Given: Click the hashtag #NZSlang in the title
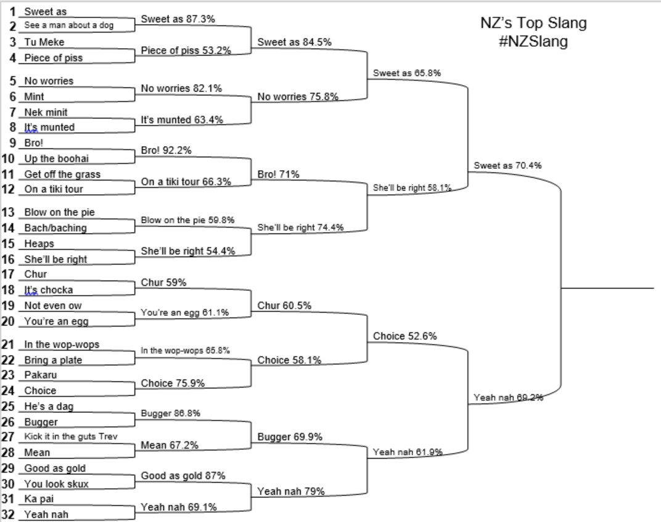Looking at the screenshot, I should (x=533, y=42).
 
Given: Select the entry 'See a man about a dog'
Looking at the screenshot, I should (x=68, y=26).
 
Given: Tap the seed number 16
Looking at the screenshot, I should (x=9, y=259).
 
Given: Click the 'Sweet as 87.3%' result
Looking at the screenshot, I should (x=178, y=19).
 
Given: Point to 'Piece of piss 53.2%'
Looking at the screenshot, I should (x=186, y=51).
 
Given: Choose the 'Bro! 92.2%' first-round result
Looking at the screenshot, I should (x=166, y=150).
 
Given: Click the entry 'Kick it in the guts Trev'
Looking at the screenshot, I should (x=71, y=436).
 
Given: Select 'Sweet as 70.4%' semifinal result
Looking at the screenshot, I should (x=507, y=165).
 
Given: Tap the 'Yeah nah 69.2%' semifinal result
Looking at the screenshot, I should (x=508, y=398).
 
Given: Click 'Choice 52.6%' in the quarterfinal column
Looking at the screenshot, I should (x=404, y=336).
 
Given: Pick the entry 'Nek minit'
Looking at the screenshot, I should (x=46, y=112).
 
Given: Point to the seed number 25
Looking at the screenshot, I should (x=9, y=406).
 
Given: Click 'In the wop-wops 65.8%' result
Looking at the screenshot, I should (x=185, y=350).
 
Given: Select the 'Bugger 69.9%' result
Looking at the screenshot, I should (x=289, y=437).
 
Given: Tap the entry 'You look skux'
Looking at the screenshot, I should (x=56, y=484).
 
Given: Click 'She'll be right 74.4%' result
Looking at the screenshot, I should (x=300, y=227).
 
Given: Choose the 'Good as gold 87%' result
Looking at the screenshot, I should (x=183, y=476).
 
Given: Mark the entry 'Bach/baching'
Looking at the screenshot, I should (x=55, y=228).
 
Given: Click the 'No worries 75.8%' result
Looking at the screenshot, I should (x=297, y=96).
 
